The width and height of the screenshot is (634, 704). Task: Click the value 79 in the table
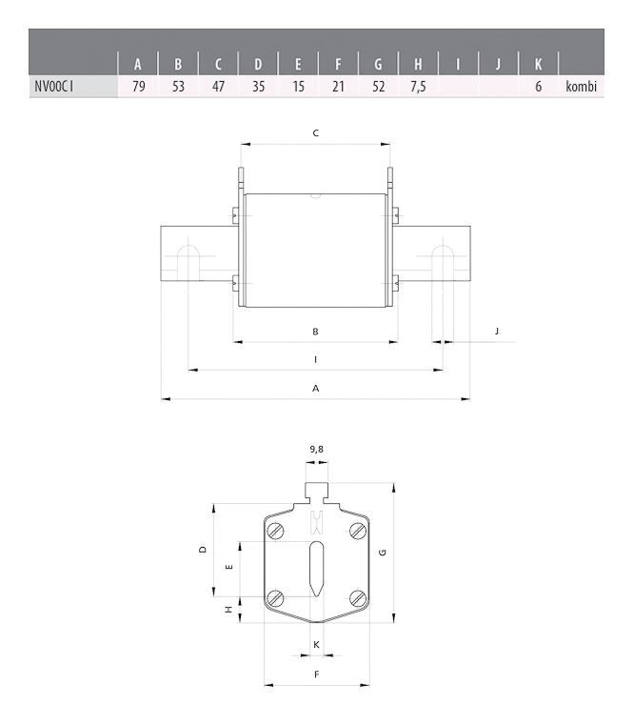pos(138,88)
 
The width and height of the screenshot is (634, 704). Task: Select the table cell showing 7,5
pos(418,88)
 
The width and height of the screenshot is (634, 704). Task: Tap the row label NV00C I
pos(54,88)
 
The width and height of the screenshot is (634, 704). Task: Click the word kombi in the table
pos(581,88)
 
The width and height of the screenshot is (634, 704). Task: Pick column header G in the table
pos(378,65)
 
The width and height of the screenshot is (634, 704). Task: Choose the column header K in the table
pos(539,65)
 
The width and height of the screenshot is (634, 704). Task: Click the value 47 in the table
pos(218,88)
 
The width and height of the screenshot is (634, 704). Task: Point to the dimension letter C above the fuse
pos(315,133)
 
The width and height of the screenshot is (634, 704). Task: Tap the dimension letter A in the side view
pos(315,388)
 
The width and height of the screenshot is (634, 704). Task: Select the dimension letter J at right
pos(497,331)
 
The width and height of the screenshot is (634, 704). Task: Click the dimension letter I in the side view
pos(315,359)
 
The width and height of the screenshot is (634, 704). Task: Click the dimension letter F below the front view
pos(316,674)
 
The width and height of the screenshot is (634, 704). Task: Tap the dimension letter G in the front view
pos(382,553)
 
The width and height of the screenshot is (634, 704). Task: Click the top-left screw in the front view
pos(275,530)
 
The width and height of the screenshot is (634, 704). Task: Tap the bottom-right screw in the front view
pos(358,597)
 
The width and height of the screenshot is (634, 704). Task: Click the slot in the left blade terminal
pos(188,260)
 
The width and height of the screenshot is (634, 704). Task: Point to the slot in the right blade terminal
pos(443,260)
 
